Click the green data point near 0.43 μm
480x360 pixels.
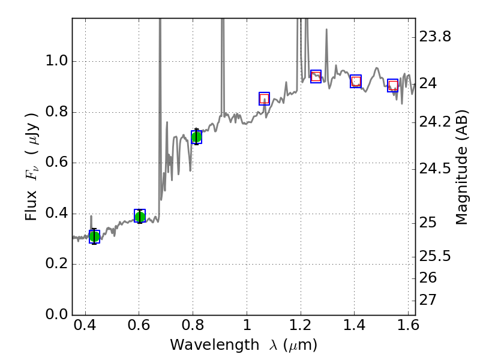pyautogui.click(x=94, y=236)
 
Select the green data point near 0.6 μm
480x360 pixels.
pyautogui.click(x=140, y=217)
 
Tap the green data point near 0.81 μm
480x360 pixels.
pyautogui.click(x=196, y=137)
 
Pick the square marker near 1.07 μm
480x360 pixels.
pyautogui.click(x=264, y=98)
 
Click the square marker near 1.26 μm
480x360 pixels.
pyautogui.click(x=316, y=76)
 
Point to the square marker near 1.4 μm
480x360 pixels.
pyautogui.click(x=356, y=82)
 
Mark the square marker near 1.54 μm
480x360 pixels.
pyautogui.click(x=393, y=85)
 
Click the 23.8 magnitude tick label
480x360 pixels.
pyautogui.click(x=435, y=37)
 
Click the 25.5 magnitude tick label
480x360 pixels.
pyautogui.click(x=435, y=256)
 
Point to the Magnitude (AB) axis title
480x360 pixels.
pyautogui.click(x=461, y=167)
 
